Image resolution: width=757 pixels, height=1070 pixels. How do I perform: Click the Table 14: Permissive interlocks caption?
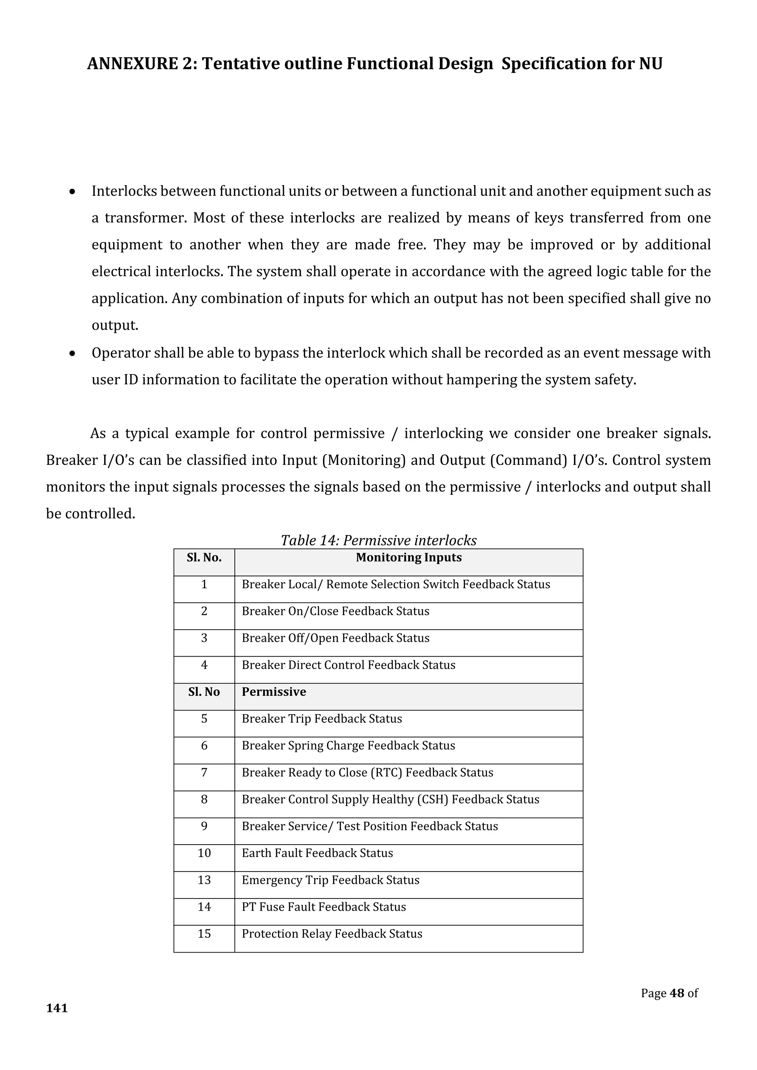coord(378,540)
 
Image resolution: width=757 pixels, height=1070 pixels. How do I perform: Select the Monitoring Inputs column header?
coord(408,558)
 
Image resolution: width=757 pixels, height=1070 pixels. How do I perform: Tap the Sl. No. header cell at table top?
coord(204,558)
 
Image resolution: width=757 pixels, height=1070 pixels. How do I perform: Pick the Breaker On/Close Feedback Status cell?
coord(335,611)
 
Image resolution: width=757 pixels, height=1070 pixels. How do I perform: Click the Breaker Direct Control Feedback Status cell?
coord(348,665)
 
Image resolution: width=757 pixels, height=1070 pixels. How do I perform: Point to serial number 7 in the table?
coord(204,773)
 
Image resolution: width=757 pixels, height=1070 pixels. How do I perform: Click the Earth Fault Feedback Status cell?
coord(317,853)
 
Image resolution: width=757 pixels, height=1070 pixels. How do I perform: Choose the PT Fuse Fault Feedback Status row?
coord(323,907)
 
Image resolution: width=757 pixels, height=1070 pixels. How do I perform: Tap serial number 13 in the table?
coord(204,880)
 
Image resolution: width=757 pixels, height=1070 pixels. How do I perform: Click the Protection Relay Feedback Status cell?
coord(332,934)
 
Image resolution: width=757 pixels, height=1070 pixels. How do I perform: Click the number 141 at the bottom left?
coord(57,1008)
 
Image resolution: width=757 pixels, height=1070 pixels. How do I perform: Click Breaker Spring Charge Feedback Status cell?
coord(348,746)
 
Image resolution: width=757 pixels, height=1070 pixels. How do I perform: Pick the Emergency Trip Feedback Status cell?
coord(330,880)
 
